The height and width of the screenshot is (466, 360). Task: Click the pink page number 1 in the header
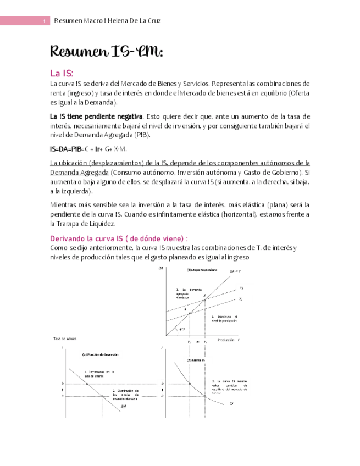(45, 21)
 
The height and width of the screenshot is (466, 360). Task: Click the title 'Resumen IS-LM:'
(107, 52)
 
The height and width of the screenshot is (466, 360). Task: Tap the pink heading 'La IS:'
(61, 73)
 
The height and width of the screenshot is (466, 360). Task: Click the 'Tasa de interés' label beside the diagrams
(65, 339)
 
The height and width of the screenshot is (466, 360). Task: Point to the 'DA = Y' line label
(235, 271)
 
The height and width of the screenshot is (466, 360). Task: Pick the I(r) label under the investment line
(123, 406)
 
